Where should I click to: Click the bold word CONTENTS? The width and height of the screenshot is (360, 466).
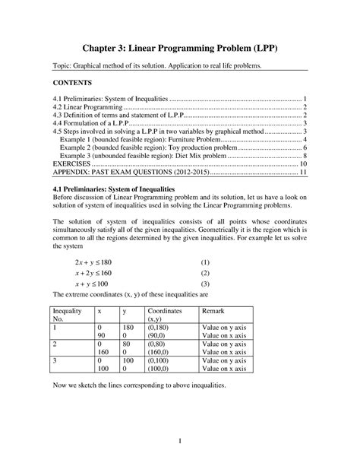pos(74,82)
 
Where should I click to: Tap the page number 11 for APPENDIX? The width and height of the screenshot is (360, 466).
pos(302,173)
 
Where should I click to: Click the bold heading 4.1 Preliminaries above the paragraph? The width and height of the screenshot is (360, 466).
pos(121,189)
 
